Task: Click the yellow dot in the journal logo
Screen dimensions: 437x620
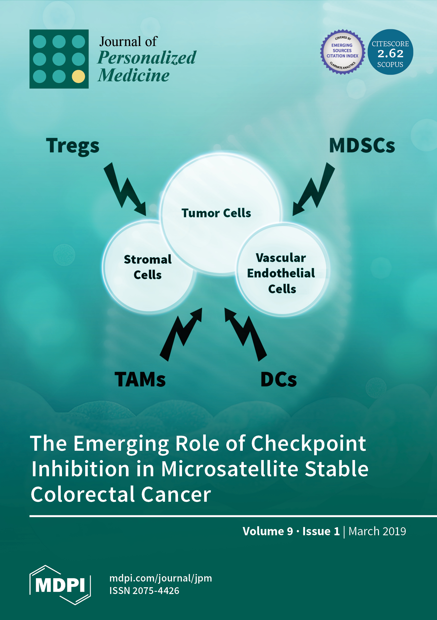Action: pyautogui.click(x=78, y=76)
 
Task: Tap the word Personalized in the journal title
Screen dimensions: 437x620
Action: pyautogui.click(x=147, y=58)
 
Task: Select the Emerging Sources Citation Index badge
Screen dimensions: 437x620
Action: pyautogui.click(x=342, y=52)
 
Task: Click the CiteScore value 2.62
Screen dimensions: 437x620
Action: pyautogui.click(x=390, y=53)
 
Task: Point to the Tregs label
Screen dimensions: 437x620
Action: pyautogui.click(x=73, y=146)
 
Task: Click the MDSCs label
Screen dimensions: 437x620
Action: pyautogui.click(x=362, y=146)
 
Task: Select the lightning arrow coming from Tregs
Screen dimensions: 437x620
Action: pyautogui.click(x=125, y=189)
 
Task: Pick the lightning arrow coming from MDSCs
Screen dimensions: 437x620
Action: pyautogui.click(x=314, y=189)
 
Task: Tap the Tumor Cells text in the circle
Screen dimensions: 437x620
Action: pyautogui.click(x=216, y=213)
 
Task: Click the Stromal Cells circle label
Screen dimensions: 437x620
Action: pyautogui.click(x=148, y=267)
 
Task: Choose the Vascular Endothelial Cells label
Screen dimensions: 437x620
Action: pyautogui.click(x=281, y=273)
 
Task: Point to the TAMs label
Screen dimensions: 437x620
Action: pyautogui.click(x=140, y=379)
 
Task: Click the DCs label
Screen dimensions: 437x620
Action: pyautogui.click(x=278, y=379)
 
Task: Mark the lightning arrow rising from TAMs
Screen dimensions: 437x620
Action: pyautogui.click(x=181, y=334)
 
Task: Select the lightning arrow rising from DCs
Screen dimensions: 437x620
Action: pyautogui.click(x=246, y=334)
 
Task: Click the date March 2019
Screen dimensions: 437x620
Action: pyautogui.click(x=377, y=531)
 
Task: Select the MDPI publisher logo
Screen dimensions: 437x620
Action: pyautogui.click(x=60, y=585)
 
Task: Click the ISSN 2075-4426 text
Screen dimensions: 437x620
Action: pyautogui.click(x=144, y=591)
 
